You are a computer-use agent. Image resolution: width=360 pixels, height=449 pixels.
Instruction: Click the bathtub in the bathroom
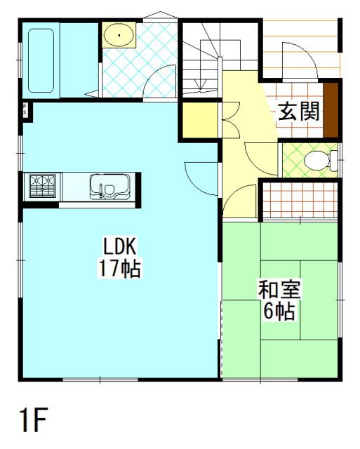(x=41, y=60)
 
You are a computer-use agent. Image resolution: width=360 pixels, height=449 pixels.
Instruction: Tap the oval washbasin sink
(x=119, y=35)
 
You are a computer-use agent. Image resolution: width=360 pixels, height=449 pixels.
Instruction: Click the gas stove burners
(x=42, y=186)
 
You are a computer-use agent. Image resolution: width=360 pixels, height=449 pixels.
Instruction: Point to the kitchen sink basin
(x=110, y=187)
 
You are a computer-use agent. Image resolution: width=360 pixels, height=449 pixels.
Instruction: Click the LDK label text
(x=120, y=246)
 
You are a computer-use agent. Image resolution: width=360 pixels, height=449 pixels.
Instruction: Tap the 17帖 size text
(x=120, y=268)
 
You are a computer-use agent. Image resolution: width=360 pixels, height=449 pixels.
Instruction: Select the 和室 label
(x=279, y=289)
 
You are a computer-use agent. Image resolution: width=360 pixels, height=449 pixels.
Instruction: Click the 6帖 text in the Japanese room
(x=279, y=311)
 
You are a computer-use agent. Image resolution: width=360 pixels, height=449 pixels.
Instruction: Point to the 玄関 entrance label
(x=299, y=111)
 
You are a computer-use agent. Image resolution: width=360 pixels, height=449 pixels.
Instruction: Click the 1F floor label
(x=33, y=420)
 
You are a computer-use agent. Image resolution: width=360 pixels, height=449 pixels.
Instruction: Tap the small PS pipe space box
(x=25, y=110)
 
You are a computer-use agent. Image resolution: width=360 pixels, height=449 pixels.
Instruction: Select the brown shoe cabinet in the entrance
(x=331, y=110)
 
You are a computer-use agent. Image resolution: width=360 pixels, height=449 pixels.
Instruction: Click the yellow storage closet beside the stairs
(x=200, y=120)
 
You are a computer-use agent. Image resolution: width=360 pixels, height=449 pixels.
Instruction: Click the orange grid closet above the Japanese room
(x=300, y=200)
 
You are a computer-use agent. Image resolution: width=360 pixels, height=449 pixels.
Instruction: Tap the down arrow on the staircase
(x=201, y=84)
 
